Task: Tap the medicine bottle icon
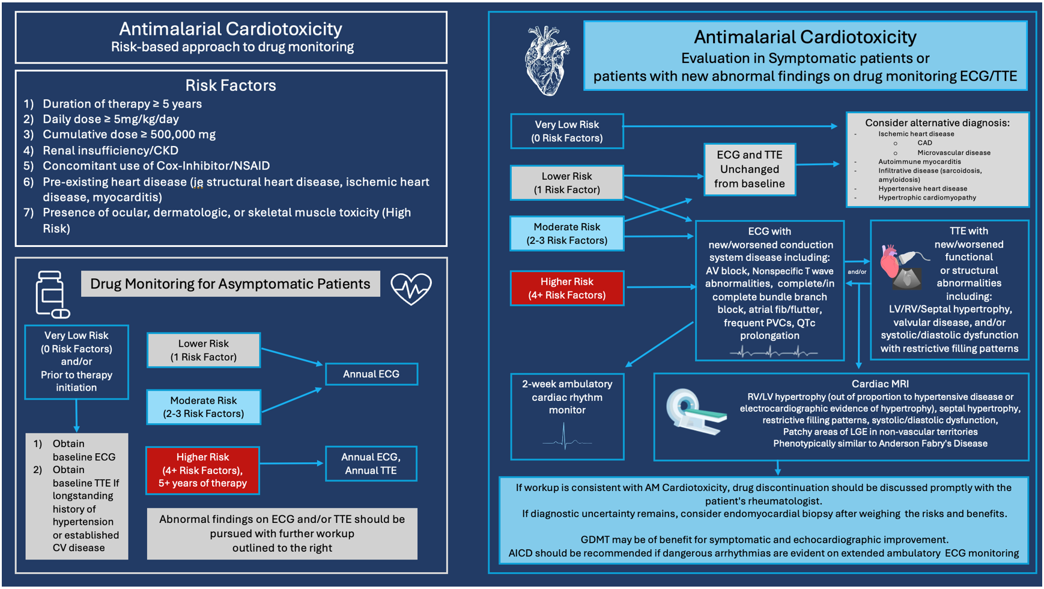click(x=52, y=294)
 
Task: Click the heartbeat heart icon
click(x=411, y=289)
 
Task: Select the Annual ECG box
click(x=371, y=374)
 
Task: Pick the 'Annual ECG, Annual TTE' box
click(x=371, y=463)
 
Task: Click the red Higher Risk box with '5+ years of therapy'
click(x=202, y=470)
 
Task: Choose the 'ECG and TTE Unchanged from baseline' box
click(x=749, y=169)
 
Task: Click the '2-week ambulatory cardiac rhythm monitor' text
click(x=567, y=397)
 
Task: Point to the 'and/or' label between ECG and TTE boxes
click(x=857, y=272)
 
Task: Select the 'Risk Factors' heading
click(x=231, y=85)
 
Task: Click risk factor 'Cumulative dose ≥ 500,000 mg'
click(x=129, y=135)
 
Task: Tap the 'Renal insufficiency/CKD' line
click(x=110, y=150)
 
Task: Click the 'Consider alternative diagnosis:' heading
click(x=937, y=123)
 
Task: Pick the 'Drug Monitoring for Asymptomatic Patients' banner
click(x=230, y=284)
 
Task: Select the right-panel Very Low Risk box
click(x=566, y=131)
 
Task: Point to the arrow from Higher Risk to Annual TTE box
click(x=292, y=463)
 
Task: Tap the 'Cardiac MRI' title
click(x=879, y=383)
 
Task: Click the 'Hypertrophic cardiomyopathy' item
click(x=927, y=198)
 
